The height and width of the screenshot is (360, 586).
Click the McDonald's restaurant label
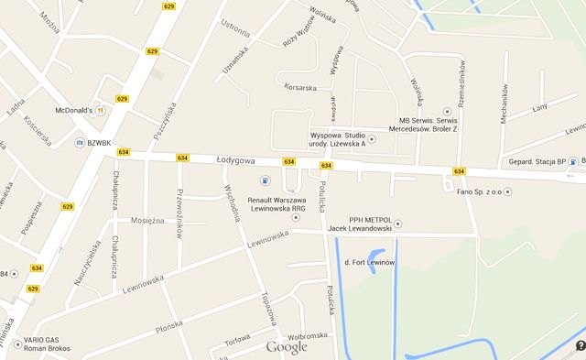click(76, 110)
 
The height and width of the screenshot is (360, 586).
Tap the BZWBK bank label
click(97, 143)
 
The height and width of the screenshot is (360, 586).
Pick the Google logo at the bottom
click(287, 347)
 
